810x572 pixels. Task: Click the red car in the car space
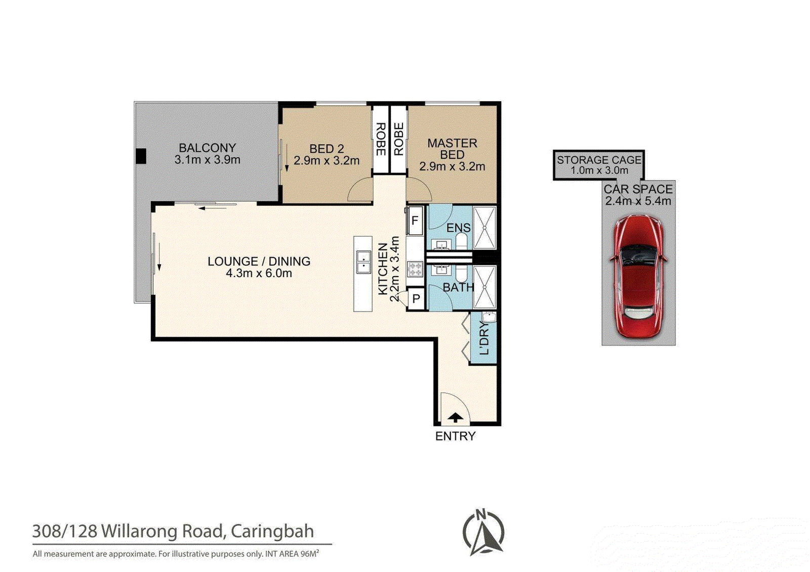coord(638,277)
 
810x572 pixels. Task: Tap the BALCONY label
coord(207,148)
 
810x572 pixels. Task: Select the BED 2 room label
coord(327,149)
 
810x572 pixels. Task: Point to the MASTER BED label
coord(453,149)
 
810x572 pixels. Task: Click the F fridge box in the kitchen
coord(415,220)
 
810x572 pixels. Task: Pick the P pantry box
coord(416,298)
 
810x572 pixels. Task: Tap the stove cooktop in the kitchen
coord(415,269)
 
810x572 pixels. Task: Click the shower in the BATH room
coord(484,287)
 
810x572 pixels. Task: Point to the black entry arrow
coord(456,418)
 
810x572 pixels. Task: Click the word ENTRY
coord(455,436)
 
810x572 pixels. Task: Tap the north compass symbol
coord(483,531)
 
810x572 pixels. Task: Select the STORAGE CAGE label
coord(599,160)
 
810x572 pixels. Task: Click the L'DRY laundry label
coord(484,338)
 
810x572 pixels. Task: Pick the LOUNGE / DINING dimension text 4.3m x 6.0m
coord(259,273)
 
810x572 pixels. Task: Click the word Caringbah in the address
coord(272,531)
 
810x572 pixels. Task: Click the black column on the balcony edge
coord(141,156)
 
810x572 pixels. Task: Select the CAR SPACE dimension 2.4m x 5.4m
coord(638,201)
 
